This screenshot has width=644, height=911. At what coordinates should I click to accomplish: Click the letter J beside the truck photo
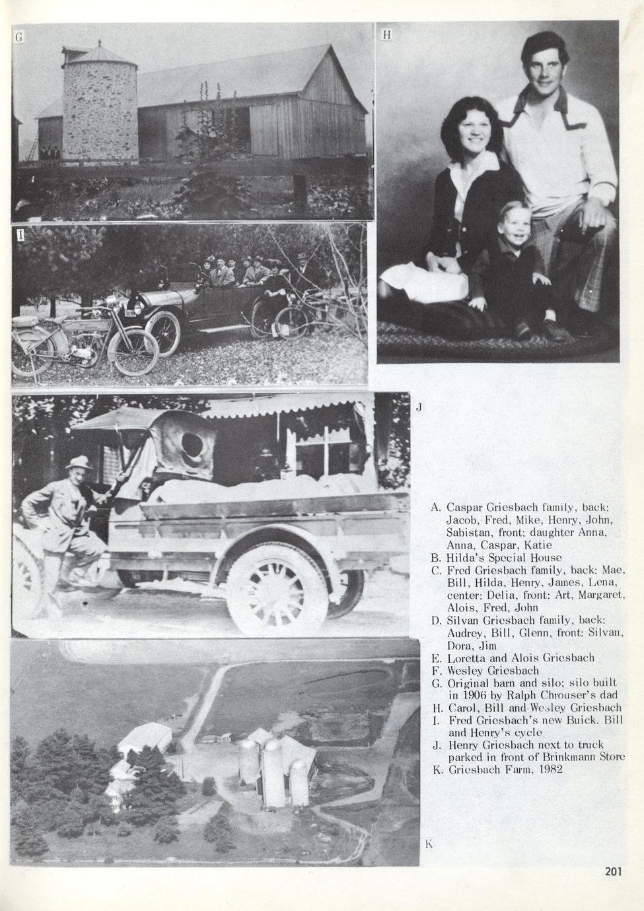tap(419, 407)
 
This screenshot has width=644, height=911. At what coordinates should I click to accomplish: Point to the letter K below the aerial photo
tap(429, 844)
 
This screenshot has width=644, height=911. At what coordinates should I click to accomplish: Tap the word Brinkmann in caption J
tap(559, 757)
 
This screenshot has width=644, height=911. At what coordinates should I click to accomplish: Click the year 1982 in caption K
tap(548, 770)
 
